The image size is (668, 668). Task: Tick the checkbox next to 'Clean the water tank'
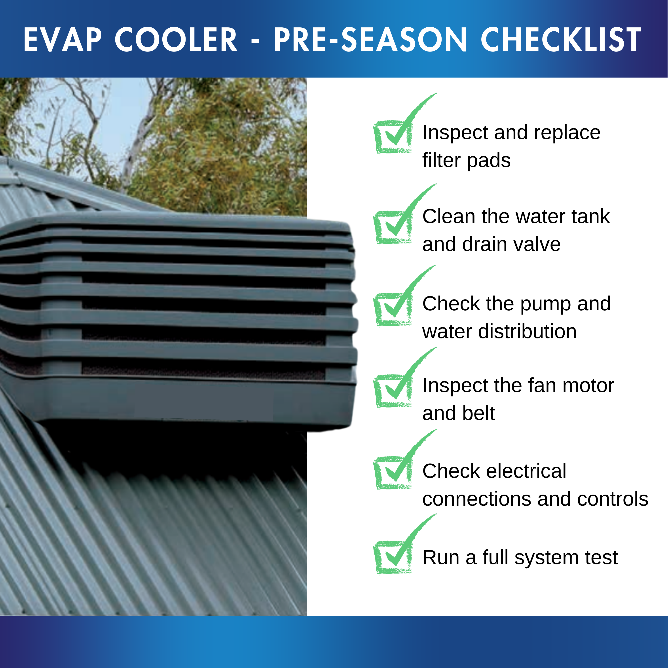(x=393, y=227)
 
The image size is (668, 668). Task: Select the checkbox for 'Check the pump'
(x=393, y=309)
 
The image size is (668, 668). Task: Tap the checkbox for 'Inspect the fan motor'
(x=393, y=391)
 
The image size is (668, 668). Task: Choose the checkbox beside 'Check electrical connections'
(x=393, y=473)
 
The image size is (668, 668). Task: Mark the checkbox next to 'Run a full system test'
(x=393, y=557)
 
